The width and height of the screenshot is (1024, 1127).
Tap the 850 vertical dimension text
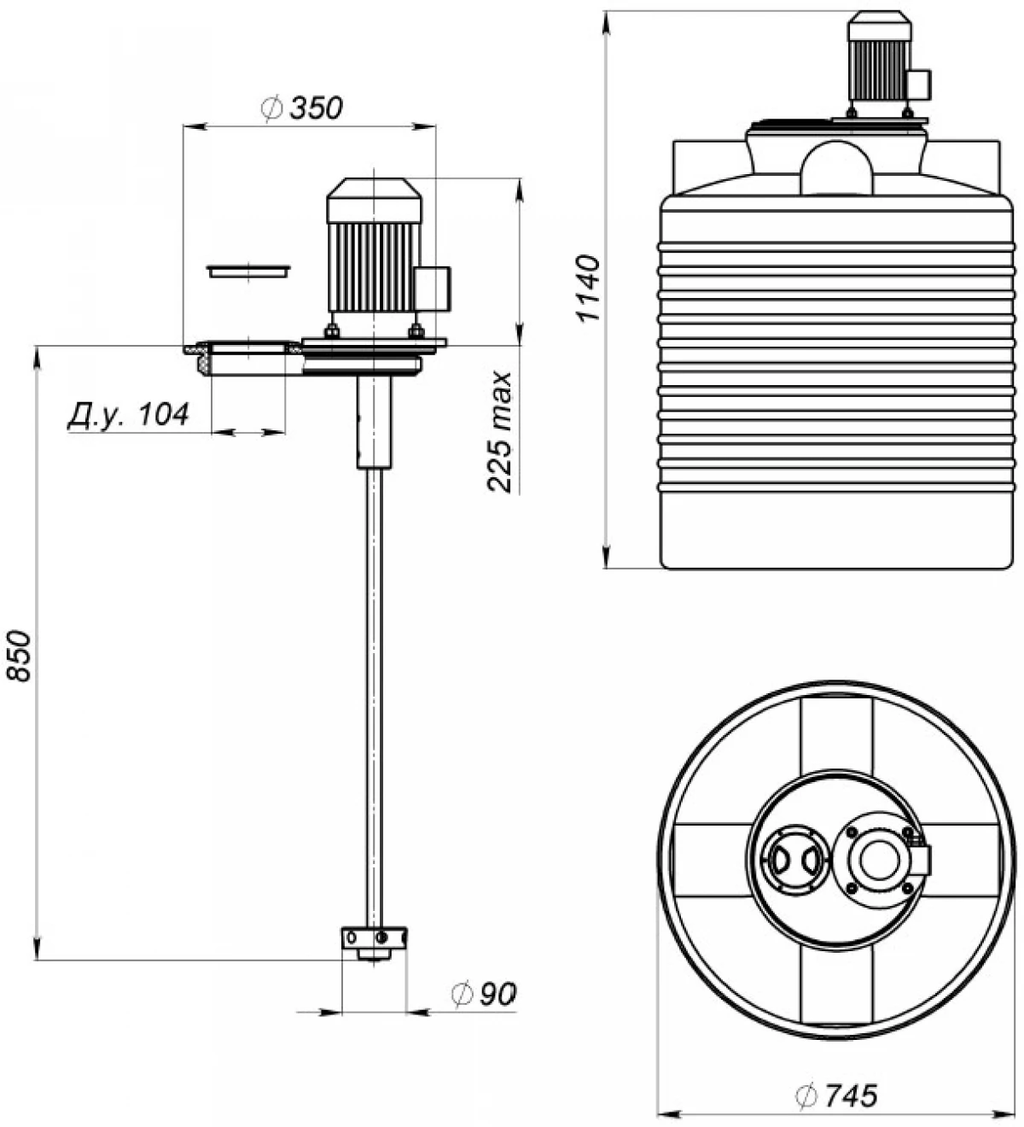(20, 656)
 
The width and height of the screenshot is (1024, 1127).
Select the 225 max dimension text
(501, 432)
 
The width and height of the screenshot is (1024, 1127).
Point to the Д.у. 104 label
(128, 415)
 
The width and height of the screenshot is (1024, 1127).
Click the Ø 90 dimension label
(485, 993)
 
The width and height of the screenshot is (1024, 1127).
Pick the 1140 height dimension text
(590, 287)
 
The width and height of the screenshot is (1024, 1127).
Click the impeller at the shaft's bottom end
(375, 937)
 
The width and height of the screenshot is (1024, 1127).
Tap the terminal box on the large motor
(434, 287)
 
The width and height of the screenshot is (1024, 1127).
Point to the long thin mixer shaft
(374, 683)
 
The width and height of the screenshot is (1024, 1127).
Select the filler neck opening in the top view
(794, 860)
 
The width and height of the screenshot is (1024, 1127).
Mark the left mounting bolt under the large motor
(331, 330)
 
